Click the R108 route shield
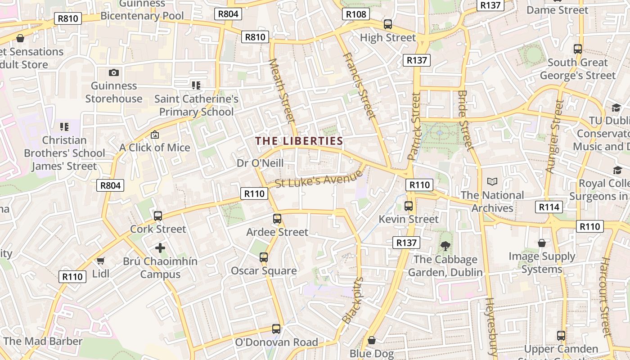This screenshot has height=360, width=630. [x=356, y=14]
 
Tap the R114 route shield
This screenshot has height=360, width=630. [x=549, y=207]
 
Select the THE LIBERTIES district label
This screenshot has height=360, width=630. [x=299, y=141]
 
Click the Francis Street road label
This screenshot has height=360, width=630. [x=359, y=86]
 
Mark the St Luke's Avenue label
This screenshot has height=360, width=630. [x=319, y=179]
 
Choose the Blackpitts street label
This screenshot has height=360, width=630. [x=352, y=300]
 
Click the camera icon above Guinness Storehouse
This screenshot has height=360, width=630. [x=114, y=72]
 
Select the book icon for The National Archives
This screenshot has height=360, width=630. [x=492, y=182]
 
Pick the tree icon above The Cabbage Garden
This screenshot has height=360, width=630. [x=445, y=246]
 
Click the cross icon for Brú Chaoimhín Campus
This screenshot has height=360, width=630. [x=160, y=248]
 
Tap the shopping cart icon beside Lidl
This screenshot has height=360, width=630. [x=101, y=261]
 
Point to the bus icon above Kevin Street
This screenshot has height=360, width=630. [x=409, y=206]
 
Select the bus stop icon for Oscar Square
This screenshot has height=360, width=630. [x=264, y=257]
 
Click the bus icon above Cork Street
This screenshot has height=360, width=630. [x=157, y=216]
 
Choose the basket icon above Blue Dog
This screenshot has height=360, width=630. [x=372, y=340]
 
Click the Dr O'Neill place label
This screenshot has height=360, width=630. [x=260, y=163]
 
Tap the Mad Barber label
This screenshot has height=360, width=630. [x=43, y=341]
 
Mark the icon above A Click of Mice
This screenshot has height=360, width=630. [x=155, y=135]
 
